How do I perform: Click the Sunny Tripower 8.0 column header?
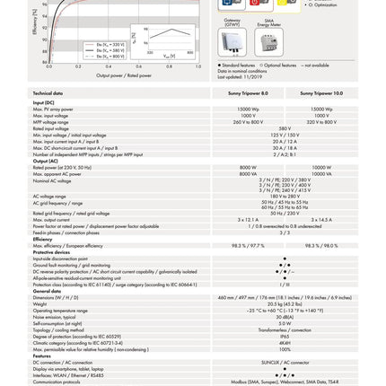pyautogui.click(x=248, y=93)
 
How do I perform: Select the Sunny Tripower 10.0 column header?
pyautogui.click(x=320, y=93)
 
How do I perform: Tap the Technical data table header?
pyautogui.click(x=48, y=93)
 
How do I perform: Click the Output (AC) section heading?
pyautogui.click(x=46, y=162)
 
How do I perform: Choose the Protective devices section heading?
pyautogui.click(x=51, y=252)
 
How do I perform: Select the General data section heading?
pyautogui.click(x=47, y=291)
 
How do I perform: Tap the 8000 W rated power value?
pyautogui.click(x=248, y=167)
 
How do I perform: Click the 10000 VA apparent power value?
pyautogui.click(x=320, y=172)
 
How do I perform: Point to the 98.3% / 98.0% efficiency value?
pyautogui.click(x=320, y=246)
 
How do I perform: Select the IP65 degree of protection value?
pyautogui.click(x=285, y=336)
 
